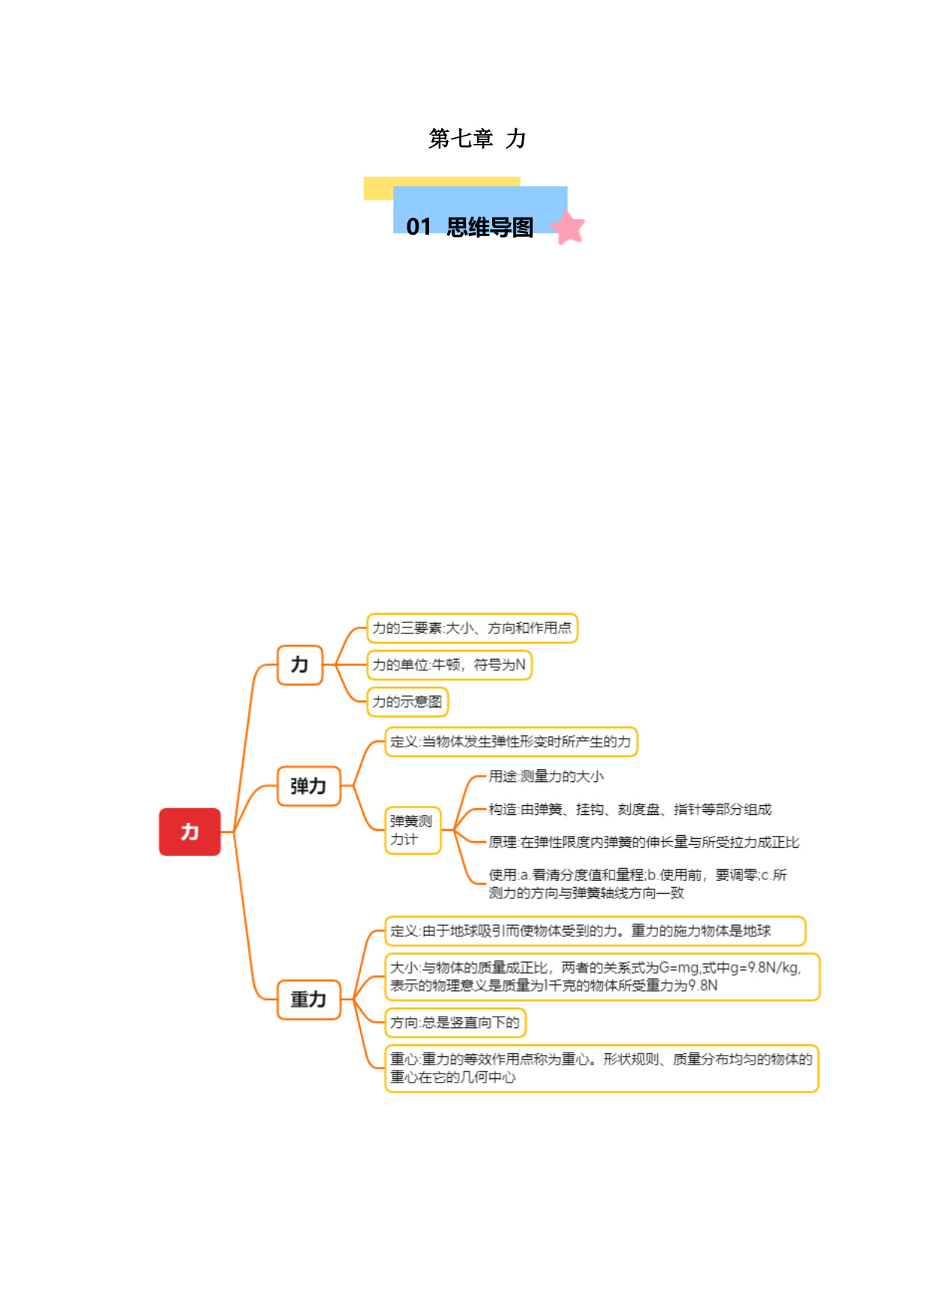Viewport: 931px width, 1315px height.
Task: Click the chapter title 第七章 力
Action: (477, 139)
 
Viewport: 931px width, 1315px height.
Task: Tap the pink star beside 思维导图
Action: (568, 228)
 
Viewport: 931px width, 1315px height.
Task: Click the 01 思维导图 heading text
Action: (470, 226)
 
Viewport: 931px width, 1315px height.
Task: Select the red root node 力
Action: (190, 831)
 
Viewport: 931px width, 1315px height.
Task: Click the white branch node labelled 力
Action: (300, 665)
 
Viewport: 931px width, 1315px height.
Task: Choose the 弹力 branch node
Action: (309, 786)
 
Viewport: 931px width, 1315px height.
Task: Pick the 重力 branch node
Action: (309, 999)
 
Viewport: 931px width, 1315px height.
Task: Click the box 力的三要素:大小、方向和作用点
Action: (472, 628)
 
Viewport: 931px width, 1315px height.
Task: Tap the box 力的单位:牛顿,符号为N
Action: (449, 665)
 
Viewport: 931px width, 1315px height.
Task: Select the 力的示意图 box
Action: (407, 702)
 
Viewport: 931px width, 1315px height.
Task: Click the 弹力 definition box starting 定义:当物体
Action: (511, 742)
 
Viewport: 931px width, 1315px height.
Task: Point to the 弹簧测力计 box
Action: (413, 831)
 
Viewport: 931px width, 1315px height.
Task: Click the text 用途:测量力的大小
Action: (546, 777)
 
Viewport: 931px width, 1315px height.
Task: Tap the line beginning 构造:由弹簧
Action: (630, 810)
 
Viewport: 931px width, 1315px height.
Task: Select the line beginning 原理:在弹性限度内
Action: (644, 843)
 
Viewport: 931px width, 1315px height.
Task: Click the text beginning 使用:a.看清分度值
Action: (638, 884)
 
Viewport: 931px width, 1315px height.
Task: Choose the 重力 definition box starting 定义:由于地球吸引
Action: (595, 931)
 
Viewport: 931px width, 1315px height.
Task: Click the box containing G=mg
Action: (602, 977)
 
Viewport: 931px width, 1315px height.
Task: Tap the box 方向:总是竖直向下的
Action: (455, 1023)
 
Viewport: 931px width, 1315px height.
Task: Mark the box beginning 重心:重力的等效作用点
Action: (602, 1068)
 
